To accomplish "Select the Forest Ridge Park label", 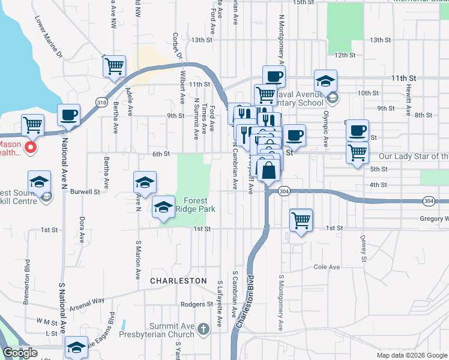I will [196, 205].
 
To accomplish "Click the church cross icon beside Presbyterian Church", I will [203, 329].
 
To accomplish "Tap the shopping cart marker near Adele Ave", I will [114, 65].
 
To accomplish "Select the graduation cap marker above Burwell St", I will [145, 182].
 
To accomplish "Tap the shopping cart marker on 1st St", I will [301, 220].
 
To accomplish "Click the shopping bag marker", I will [270, 171].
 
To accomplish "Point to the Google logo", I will [20, 353].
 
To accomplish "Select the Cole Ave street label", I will [327, 267].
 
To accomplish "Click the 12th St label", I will [345, 55].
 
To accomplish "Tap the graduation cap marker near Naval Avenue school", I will [325, 81].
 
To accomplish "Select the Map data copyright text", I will [412, 355].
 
